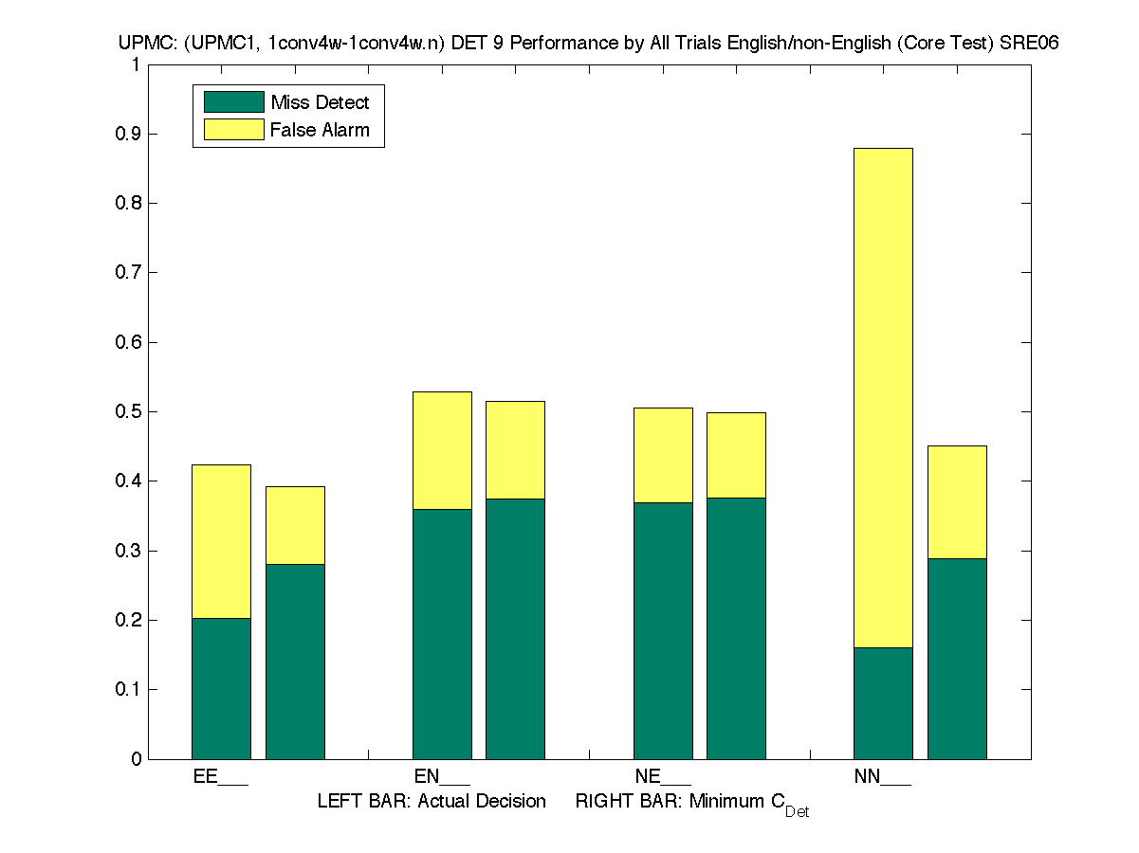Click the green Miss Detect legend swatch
click(233, 102)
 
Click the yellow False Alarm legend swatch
click(233, 130)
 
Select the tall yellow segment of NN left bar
click(883, 398)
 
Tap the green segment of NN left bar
click(883, 703)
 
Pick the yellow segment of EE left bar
click(221, 541)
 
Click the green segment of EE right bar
click(295, 662)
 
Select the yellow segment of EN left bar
click(442, 450)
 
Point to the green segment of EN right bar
click(515, 628)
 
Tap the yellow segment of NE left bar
click(663, 455)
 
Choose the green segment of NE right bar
click(736, 628)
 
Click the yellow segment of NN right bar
click(957, 502)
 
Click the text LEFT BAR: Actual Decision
click(432, 802)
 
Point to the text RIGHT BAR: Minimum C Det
click(692, 804)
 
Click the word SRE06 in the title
click(1029, 44)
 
